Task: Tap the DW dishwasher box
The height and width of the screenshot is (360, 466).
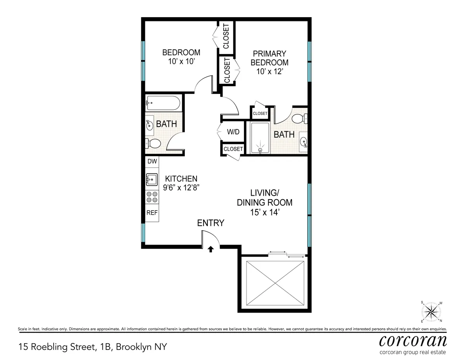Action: point(152,161)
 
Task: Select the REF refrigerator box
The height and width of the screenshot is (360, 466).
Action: point(152,213)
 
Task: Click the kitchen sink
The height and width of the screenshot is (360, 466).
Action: point(152,180)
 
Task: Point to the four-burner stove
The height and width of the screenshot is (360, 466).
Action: point(152,197)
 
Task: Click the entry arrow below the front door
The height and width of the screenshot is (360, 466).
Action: point(210,249)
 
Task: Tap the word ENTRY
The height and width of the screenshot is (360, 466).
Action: point(210,223)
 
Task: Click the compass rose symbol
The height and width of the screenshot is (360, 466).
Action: point(431,311)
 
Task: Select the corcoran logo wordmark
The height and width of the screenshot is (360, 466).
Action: point(412,340)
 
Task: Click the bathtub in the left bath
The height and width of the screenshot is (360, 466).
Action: point(163,104)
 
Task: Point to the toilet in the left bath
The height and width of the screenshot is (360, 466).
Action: point(153,144)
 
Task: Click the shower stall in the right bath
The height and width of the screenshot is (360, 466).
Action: point(259,138)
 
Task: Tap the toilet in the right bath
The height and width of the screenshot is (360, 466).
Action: point(300,118)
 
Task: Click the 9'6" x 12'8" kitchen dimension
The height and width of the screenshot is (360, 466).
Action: point(181,188)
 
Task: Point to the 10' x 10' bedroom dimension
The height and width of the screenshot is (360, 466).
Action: point(181,61)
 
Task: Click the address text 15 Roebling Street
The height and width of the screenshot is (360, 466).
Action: point(92,346)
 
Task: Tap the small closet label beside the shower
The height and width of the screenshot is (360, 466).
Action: point(260,113)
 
